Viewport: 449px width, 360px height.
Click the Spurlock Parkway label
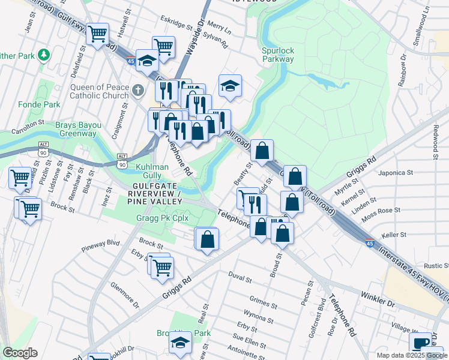coord(278,55)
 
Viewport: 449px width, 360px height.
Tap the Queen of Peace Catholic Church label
coord(100,91)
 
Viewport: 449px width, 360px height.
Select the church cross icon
coord(139,91)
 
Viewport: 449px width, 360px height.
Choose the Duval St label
coord(240,278)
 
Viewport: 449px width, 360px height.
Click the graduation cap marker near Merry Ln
coord(229,86)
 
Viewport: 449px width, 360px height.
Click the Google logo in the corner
coord(20,353)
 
